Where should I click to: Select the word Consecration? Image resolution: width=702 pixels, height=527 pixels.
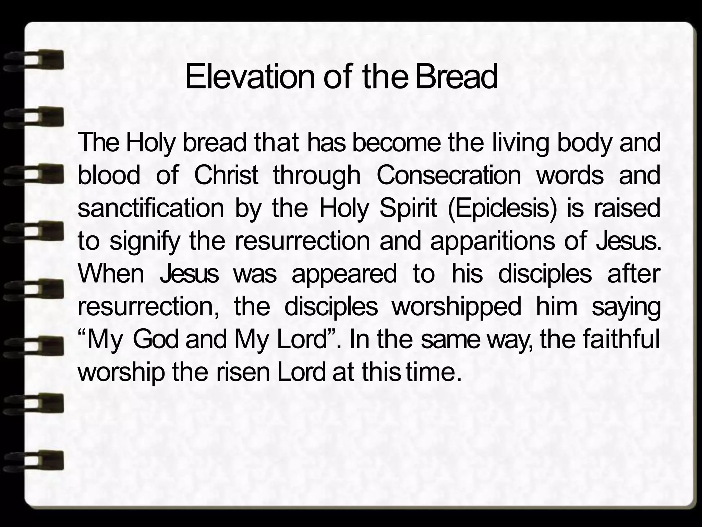point(449,175)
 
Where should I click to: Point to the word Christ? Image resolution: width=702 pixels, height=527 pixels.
point(226,175)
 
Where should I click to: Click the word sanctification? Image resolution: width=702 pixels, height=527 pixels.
point(151,208)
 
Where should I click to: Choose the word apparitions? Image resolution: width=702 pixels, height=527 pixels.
point(492,242)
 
